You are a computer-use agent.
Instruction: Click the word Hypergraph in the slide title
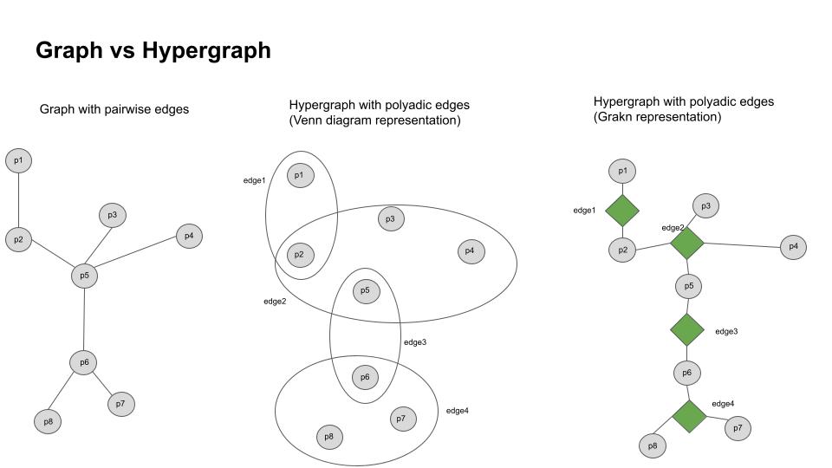[208, 50]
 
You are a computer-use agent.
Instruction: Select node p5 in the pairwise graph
[84, 276]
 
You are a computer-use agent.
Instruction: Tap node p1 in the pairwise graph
[18, 160]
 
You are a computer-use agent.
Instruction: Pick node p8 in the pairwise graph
[48, 422]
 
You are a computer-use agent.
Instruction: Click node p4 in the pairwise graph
[189, 235]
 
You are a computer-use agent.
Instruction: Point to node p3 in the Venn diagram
[391, 219]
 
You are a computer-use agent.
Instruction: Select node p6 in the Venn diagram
[365, 377]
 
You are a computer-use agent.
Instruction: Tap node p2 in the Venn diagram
[299, 255]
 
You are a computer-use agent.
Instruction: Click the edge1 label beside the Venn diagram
[254, 180]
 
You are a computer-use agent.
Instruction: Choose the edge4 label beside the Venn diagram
[457, 410]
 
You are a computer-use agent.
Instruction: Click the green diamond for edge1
[622, 211]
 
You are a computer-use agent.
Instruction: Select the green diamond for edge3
[687, 329]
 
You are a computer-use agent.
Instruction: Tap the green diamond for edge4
[691, 416]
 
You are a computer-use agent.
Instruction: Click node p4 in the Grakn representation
[793, 247]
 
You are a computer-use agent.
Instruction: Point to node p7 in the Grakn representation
[738, 428]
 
